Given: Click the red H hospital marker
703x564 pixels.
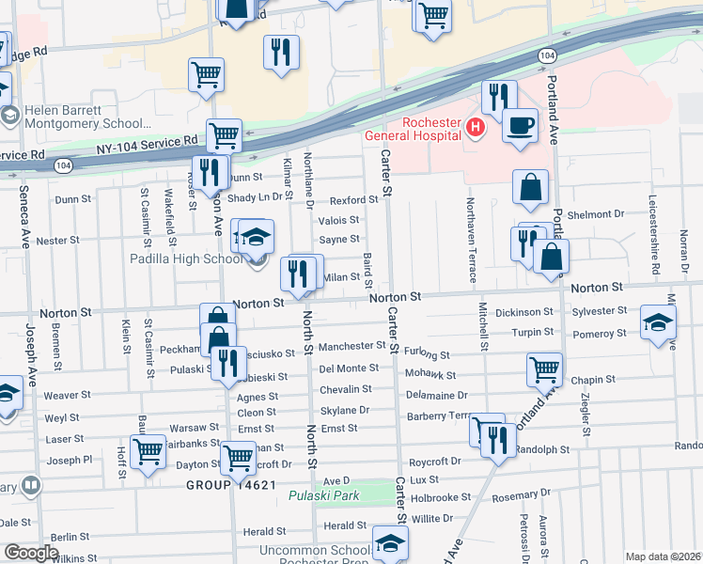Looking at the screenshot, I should coord(476,127).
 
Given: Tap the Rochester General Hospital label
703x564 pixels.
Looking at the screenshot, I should coord(414,129).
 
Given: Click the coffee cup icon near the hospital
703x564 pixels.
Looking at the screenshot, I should coord(519,124).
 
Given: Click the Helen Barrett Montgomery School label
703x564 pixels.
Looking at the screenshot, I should coord(89,116).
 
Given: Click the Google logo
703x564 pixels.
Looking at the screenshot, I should coord(31,553).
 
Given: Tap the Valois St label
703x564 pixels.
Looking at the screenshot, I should coord(338,220).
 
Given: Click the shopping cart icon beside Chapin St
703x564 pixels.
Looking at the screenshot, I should coord(544,369).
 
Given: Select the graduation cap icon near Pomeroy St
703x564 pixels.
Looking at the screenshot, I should coord(657,321).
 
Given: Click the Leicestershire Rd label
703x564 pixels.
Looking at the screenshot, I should coord(652,227).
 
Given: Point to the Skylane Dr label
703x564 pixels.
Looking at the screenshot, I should coord(344,411).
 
